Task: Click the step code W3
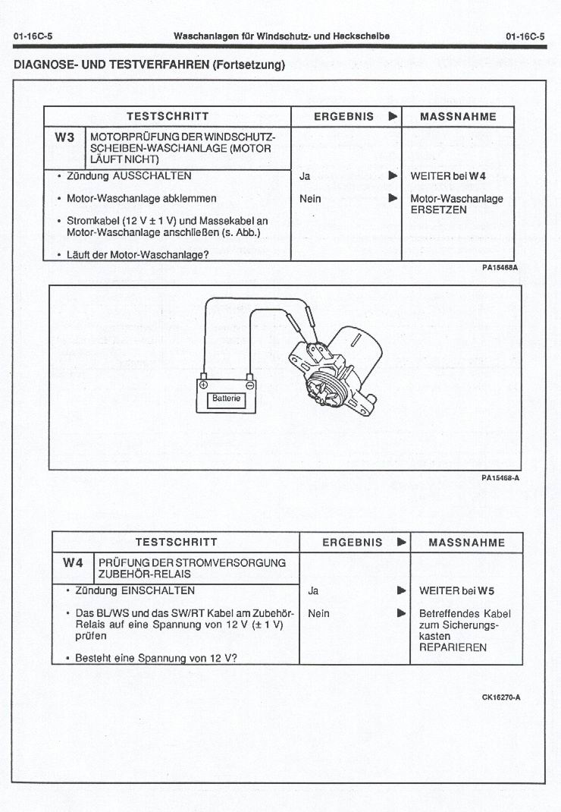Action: (64, 137)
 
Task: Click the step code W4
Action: (73, 562)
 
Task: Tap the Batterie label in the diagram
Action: (226, 398)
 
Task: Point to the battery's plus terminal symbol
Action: (203, 385)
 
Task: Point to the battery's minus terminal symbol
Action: (249, 385)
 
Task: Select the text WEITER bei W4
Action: (447, 176)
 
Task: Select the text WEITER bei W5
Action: (456, 590)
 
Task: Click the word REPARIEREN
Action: (453, 647)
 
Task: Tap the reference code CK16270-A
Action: (501, 697)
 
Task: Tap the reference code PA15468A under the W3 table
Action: (500, 267)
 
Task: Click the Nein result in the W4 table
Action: (318, 613)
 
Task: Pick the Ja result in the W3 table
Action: (305, 176)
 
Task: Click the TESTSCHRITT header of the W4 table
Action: (176, 542)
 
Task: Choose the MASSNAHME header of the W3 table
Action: (458, 116)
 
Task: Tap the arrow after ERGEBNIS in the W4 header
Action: (401, 542)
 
